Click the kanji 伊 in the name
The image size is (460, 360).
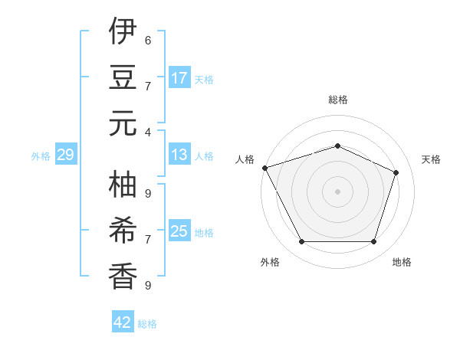pyautogui.click(x=123, y=33)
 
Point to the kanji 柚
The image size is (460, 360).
pyautogui.click(x=123, y=185)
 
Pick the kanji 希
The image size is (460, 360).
pyautogui.click(x=123, y=229)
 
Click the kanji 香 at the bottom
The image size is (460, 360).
pyautogui.click(x=123, y=274)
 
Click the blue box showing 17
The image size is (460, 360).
pyautogui.click(x=179, y=78)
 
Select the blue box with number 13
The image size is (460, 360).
pyautogui.click(x=179, y=155)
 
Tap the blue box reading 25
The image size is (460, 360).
pyautogui.click(x=179, y=231)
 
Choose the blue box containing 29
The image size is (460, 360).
pyautogui.click(x=65, y=155)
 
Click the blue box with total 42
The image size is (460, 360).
pyautogui.click(x=123, y=322)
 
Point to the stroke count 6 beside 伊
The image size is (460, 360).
pyautogui.click(x=148, y=40)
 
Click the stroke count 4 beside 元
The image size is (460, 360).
pyautogui.click(x=148, y=132)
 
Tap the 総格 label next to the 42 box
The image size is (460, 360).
pyautogui.click(x=147, y=324)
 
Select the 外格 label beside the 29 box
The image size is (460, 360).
pyautogui.click(x=41, y=156)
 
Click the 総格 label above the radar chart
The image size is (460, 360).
pyautogui.click(x=337, y=100)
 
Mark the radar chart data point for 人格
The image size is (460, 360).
pyautogui.click(x=264, y=168)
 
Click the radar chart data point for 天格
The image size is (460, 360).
pyautogui.click(x=396, y=172)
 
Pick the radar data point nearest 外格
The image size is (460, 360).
pyautogui.click(x=301, y=242)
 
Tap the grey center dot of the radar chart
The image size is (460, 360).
pyautogui.click(x=337, y=191)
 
